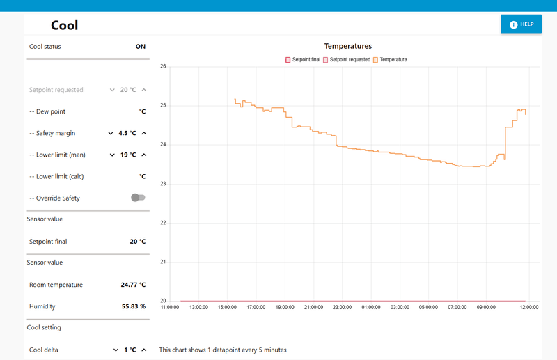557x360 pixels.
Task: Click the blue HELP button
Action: tap(521, 24)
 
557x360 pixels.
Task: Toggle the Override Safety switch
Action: tap(138, 198)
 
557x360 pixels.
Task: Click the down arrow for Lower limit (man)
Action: tap(112, 155)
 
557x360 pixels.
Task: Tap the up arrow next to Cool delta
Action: tap(144, 350)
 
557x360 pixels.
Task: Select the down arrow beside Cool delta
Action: tap(116, 350)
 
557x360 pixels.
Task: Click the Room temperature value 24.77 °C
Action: tap(133, 285)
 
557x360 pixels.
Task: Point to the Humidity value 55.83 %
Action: tap(134, 306)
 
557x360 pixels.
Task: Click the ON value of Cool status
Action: tap(141, 47)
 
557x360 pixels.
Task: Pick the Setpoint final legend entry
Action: tap(303, 60)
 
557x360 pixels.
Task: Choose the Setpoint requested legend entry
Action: tap(347, 60)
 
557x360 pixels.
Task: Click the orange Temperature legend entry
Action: tap(390, 60)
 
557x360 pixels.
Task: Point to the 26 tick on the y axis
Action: tap(163, 66)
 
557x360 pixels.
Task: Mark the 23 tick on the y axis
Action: tap(163, 184)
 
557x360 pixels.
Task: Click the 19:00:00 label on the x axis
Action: tap(285, 307)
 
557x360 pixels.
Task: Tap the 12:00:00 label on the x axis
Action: tap(529, 307)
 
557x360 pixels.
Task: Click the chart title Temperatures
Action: tap(348, 46)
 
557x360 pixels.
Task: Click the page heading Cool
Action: tap(64, 25)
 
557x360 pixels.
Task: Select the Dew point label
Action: tap(51, 111)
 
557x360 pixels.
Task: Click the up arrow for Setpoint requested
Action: tap(144, 90)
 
